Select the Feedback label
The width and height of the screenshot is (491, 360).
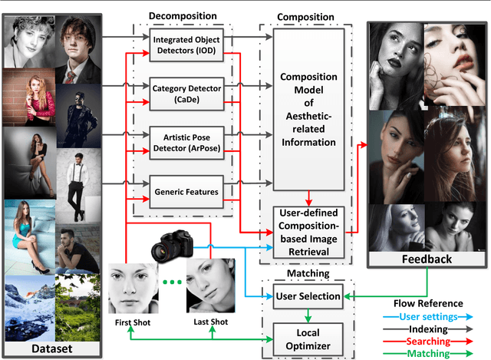point(427,259)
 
